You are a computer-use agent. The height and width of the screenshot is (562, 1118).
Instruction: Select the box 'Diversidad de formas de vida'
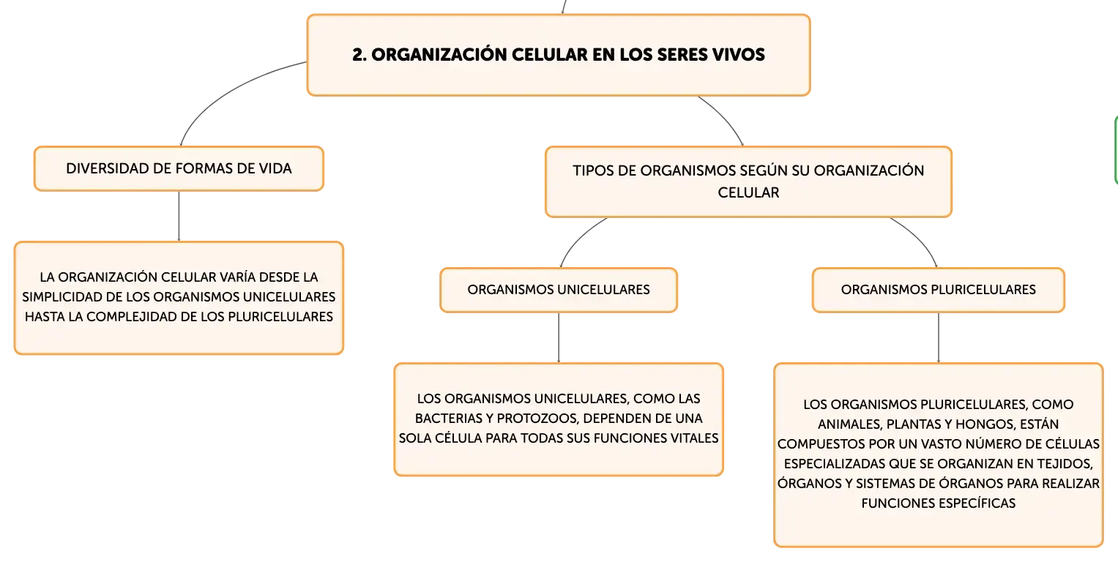[x=179, y=168]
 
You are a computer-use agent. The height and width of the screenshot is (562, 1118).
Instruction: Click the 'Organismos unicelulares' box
[x=559, y=290]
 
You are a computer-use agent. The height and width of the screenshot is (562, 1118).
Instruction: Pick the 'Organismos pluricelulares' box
[x=939, y=290]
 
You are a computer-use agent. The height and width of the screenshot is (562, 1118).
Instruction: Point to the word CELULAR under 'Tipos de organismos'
[x=748, y=192]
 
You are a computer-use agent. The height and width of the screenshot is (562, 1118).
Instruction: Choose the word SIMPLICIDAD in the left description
[x=59, y=296]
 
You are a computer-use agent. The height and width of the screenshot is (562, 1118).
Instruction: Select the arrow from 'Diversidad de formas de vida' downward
[x=179, y=217]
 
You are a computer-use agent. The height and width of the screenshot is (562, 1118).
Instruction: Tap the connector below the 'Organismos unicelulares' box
[x=559, y=337]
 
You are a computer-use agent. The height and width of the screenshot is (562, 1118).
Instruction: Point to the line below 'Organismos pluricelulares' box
[x=939, y=337]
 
